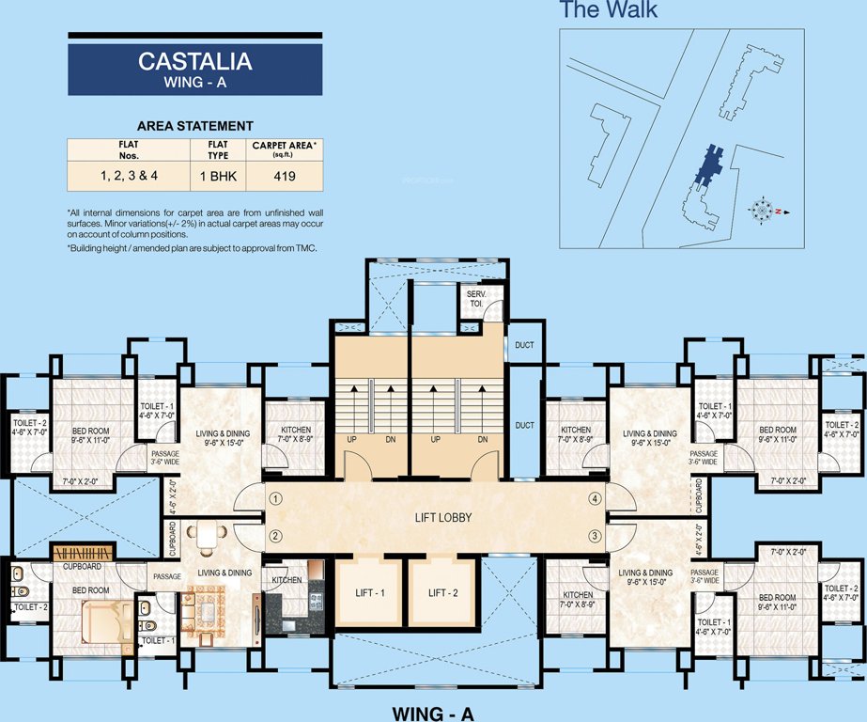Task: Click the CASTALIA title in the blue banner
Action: (194, 62)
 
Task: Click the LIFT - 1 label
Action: (369, 592)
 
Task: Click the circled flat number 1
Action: (275, 498)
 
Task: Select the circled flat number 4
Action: (594, 498)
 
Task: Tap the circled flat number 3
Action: (594, 536)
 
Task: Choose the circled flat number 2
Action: (275, 537)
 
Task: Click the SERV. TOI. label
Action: (475, 300)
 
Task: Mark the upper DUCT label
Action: (524, 345)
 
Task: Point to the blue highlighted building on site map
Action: (706, 167)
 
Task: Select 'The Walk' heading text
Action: (608, 11)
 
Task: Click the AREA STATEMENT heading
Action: (194, 126)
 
